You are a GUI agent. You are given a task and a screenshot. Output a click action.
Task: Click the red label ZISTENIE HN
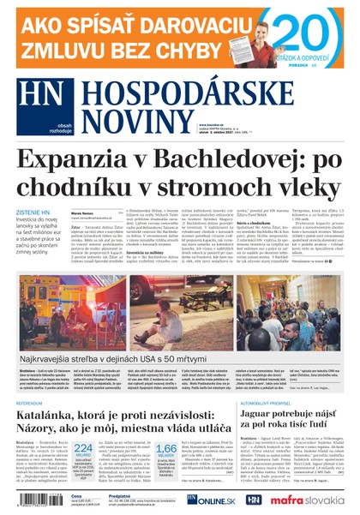click(x=33, y=213)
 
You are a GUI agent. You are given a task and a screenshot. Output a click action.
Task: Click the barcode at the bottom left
click(x=33, y=500)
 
